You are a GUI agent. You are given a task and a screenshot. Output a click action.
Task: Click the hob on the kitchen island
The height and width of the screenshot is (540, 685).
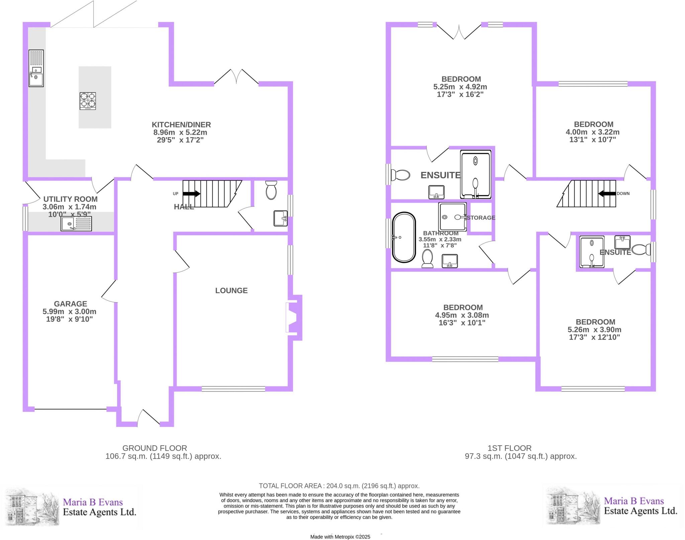coord(88,101)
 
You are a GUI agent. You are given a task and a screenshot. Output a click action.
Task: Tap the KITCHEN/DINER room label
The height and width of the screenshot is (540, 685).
coord(181,125)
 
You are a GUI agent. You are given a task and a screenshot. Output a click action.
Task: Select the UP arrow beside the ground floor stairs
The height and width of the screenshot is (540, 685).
coord(191,194)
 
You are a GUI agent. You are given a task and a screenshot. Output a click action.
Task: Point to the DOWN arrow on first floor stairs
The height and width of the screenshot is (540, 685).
coord(607,193)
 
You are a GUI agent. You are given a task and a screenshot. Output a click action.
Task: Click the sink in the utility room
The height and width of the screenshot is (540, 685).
coord(76,223)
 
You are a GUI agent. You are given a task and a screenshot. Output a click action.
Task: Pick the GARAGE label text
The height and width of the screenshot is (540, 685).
coord(70,304)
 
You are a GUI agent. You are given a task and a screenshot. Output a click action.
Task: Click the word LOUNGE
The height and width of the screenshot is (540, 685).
coord(231,290)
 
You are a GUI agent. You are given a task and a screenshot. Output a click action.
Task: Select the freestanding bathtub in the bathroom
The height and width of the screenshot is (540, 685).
coord(404,237)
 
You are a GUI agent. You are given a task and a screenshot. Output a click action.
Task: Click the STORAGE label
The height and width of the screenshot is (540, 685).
coord(481,218)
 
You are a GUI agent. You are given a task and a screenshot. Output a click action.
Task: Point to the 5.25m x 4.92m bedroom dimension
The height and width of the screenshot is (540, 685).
coord(460,87)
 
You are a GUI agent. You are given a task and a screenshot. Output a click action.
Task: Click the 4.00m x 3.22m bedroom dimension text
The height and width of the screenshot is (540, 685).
coord(592,132)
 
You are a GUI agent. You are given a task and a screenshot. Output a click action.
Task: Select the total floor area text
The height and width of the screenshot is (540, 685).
coord(339,486)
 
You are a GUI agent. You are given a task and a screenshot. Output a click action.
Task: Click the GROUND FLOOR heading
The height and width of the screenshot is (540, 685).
coord(155,448)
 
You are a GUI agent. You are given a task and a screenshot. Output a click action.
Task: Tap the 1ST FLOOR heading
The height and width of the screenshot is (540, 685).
coord(509,448)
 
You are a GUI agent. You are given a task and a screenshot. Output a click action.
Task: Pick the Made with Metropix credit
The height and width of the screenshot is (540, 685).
coord(340,537)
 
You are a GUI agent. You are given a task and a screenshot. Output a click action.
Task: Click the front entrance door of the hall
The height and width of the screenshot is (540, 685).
coord(149,418)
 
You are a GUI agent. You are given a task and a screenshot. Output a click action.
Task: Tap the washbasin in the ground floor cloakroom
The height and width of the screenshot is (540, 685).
coord(280,218)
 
